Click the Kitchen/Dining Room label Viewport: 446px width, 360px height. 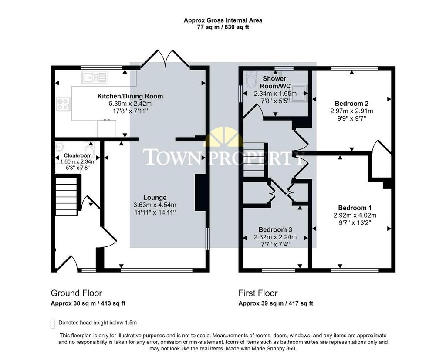click(130, 96)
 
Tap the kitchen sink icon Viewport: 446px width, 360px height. click(95, 77)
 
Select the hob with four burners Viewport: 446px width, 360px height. click(63, 104)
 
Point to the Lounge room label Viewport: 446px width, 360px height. click(155, 197)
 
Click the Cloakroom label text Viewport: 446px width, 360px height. click(78, 155)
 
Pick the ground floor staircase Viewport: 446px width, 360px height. click(67, 196)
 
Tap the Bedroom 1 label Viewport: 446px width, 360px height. click(355, 208)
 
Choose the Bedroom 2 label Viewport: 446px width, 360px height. click(351, 104)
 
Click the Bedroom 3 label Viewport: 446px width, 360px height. click(275, 229)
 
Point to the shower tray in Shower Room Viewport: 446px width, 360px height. click(298, 93)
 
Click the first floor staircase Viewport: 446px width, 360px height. click(254, 160)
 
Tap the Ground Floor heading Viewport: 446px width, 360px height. click(76, 293)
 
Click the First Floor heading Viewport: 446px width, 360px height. click(258, 293)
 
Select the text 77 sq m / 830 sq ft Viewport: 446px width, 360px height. click(223, 27)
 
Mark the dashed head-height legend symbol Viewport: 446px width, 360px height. click(53, 324)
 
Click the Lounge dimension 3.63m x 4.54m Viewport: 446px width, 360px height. click(155, 205)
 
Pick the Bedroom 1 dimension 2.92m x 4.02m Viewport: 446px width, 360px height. click(355, 215)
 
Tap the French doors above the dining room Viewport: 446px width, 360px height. click(165, 59)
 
